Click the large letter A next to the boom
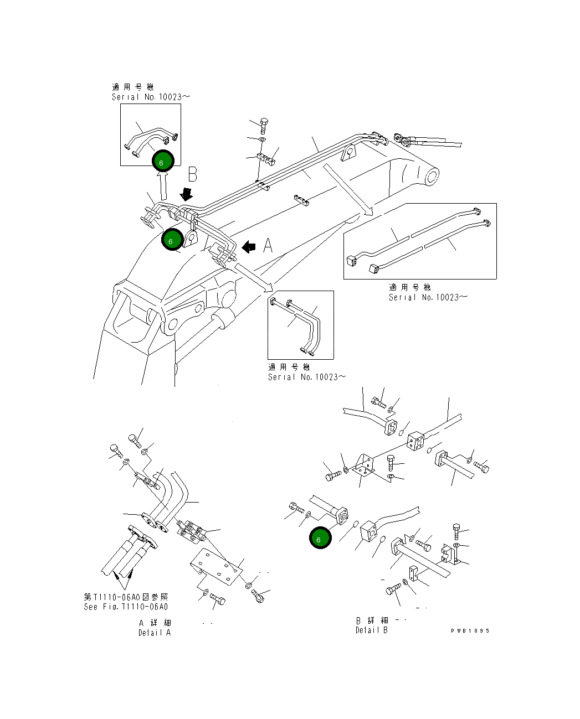pos(268,245)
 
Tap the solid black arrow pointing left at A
pos(249,246)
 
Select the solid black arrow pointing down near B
pos(187,194)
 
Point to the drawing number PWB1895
pos(470,630)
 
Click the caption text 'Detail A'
pos(155,633)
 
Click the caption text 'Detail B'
pos(371,630)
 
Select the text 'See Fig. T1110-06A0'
pos(126,607)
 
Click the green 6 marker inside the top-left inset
pos(163,161)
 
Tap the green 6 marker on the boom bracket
pos(172,240)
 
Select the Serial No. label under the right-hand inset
pos(428,297)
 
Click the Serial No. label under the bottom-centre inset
pos(307,377)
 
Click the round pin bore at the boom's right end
pos(432,177)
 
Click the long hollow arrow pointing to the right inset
pos(347,188)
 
